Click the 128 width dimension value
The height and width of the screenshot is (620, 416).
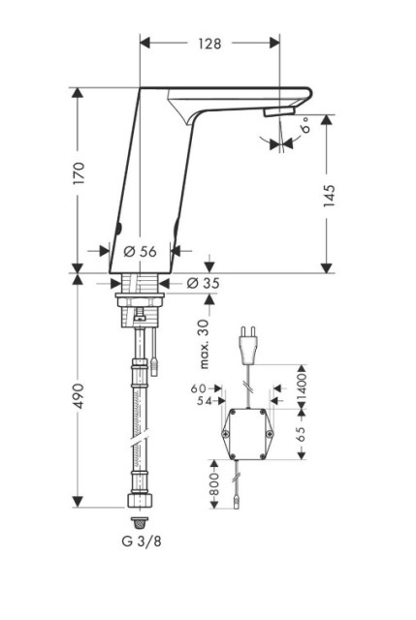(209, 44)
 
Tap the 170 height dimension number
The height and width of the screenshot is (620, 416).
(79, 172)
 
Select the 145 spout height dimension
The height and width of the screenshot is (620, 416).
(329, 196)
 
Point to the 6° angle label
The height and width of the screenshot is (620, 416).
(305, 126)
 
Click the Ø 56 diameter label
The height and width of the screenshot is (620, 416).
(140, 251)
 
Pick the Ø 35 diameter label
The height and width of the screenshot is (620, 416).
(203, 283)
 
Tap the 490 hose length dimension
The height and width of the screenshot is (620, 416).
(79, 396)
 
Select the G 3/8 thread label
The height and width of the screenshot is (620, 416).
(142, 542)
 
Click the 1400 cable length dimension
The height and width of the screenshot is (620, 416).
(302, 384)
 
